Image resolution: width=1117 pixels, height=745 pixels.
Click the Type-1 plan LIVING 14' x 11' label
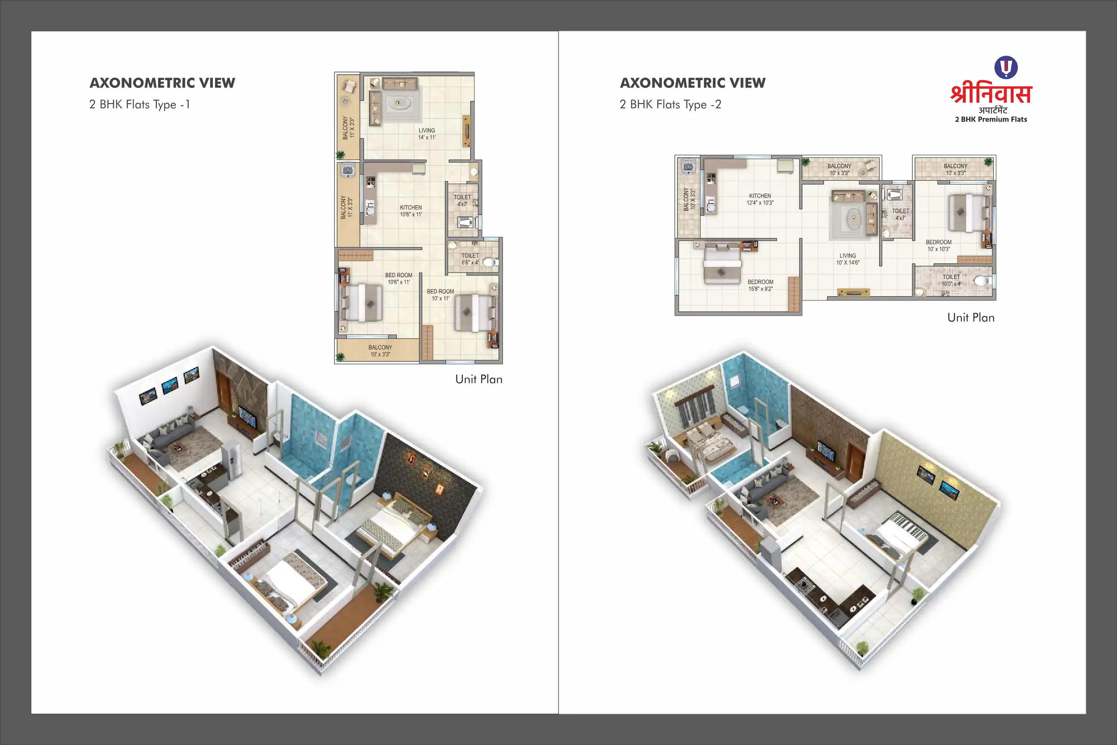click(427, 134)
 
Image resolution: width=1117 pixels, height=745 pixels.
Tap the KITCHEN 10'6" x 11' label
click(411, 211)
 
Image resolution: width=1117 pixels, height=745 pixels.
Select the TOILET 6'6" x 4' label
click(470, 259)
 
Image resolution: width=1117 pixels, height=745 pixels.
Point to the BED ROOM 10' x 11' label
click(440, 295)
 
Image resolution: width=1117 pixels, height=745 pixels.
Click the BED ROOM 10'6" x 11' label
click(399, 279)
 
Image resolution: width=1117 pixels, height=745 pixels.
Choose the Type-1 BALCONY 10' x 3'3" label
click(381, 351)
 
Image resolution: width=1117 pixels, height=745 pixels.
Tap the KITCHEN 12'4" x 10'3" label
click(760, 199)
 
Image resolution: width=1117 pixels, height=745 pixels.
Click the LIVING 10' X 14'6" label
click(848, 259)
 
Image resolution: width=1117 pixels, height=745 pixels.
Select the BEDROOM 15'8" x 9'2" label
click(760, 285)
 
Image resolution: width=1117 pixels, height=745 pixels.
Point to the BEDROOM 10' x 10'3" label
click(939, 246)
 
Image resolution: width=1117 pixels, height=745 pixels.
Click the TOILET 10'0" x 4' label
click(951, 280)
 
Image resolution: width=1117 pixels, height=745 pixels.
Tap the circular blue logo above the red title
click(1006, 67)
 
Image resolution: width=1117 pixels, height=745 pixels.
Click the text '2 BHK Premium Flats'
click(991, 119)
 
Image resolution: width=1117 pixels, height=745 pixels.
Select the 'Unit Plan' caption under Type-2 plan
click(971, 317)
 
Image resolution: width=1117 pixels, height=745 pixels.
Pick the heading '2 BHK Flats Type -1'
click(140, 104)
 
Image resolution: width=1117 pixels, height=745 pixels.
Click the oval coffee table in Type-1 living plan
click(397, 102)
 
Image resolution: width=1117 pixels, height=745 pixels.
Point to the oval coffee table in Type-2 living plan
click(853, 218)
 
